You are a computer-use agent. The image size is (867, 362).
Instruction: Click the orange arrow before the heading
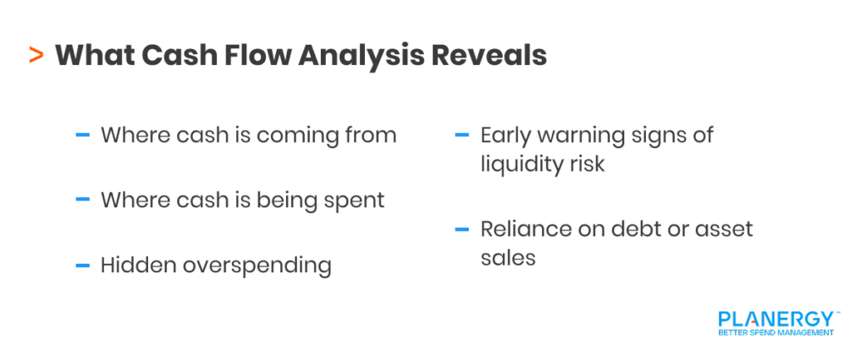point(36,57)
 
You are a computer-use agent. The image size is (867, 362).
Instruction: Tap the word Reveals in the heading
point(489,56)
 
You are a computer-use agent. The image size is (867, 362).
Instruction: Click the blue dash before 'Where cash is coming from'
point(83,134)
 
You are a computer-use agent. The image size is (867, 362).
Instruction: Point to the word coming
point(301,136)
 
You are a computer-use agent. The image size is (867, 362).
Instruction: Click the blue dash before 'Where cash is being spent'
point(83,200)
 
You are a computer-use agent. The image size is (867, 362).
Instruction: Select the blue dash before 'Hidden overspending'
point(83,265)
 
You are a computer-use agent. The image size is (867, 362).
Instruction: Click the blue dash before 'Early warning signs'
point(462,134)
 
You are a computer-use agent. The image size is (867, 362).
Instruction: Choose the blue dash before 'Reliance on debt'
point(462,229)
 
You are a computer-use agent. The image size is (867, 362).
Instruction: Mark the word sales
point(508,257)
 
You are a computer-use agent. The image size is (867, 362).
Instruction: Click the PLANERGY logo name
point(776,319)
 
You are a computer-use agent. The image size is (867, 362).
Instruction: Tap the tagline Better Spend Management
point(776,332)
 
